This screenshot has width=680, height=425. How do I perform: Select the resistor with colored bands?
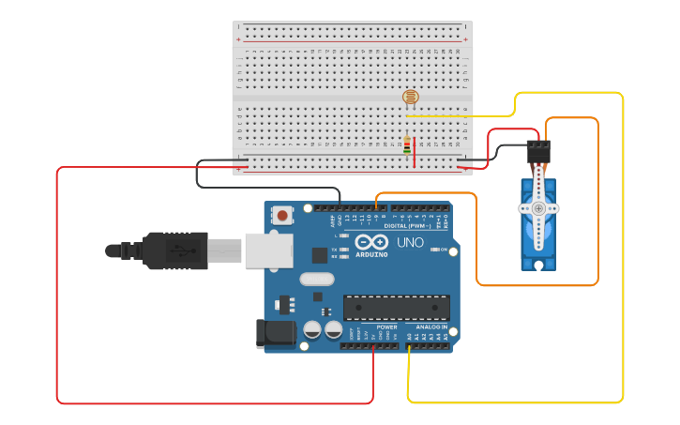406,145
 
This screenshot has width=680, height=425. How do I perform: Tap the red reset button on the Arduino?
282,216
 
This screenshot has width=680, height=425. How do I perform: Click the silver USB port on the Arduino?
268,250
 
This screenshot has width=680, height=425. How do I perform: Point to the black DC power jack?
271,332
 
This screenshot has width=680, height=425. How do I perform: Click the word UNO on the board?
410,242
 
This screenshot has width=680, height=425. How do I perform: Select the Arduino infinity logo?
370,241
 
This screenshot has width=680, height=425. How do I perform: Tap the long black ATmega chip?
396,307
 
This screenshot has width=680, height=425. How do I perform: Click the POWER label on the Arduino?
386,327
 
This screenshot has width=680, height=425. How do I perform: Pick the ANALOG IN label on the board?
431,327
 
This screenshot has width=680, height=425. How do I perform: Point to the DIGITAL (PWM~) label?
407,226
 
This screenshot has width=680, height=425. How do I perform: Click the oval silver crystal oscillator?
317,279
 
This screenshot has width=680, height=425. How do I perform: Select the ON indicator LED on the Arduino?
435,250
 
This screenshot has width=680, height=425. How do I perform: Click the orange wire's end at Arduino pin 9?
375,207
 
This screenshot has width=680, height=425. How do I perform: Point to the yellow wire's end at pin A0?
409,346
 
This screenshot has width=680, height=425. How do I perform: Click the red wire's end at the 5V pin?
374,346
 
